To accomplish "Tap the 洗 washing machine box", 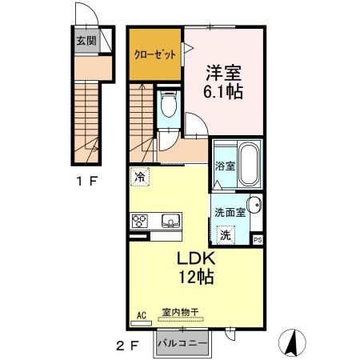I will (226, 235).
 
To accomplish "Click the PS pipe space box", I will (257, 239).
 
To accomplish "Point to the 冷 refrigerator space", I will (140, 178).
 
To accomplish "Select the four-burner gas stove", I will (139, 221).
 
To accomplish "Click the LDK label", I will (194, 260).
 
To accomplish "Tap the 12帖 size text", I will (194, 278).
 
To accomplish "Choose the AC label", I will (142, 314).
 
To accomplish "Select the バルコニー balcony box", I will (182, 342).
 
